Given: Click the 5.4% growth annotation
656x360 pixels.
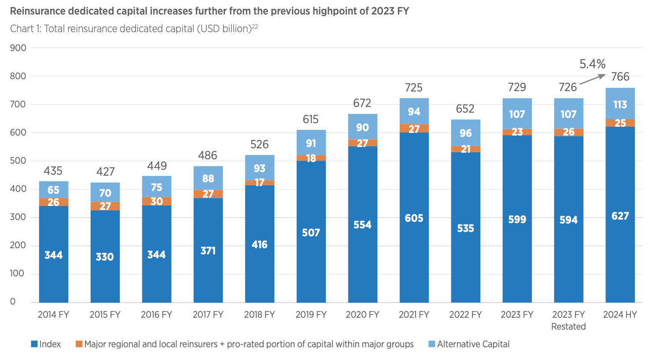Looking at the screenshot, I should point(592,64).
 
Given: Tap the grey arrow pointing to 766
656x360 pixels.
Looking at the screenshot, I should point(593,79).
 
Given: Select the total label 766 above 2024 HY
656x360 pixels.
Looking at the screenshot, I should point(620,77).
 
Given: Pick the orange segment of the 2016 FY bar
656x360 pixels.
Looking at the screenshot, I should point(157,201).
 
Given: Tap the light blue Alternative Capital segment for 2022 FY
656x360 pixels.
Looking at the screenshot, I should point(465,132).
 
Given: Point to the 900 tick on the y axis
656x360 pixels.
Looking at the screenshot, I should point(18,48).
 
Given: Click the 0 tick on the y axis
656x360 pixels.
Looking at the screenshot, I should point(13,302).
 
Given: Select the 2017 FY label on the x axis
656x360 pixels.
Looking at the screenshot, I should point(208,315).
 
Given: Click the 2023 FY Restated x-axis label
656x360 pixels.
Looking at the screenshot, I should point(568,320).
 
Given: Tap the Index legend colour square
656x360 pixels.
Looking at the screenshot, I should point(34,344).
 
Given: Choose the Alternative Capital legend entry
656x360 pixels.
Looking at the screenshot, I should point(473,344).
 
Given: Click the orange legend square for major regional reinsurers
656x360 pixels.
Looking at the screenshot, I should point(79,344).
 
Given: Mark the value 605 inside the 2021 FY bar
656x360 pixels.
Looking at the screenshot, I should point(414,218).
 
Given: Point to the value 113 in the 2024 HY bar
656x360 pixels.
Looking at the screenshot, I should point(620,105).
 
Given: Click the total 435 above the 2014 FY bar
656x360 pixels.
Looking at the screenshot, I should point(53,171).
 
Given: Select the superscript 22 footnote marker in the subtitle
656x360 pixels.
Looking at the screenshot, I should point(254,26).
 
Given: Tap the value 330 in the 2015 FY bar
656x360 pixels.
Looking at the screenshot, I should point(105,257).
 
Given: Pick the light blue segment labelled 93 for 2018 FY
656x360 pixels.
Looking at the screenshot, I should point(259,169).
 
